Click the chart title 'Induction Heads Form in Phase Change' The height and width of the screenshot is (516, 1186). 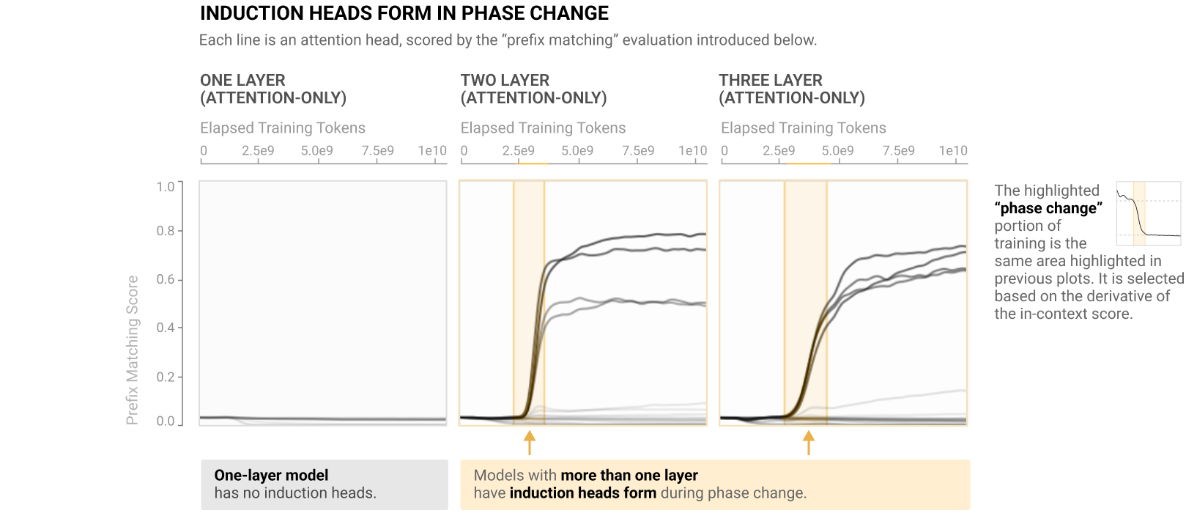pyautogui.click(x=404, y=13)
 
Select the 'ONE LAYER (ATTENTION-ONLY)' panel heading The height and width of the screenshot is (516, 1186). pyautogui.click(x=273, y=89)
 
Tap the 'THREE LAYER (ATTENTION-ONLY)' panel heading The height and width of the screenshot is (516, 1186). pyautogui.click(x=792, y=89)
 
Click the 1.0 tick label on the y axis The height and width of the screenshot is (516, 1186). pyautogui.click(x=166, y=186)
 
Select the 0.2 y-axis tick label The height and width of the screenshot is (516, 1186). pyautogui.click(x=166, y=377)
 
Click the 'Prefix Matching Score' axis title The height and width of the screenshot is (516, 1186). pyautogui.click(x=132, y=350)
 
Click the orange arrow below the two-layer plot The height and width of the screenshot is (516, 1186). pyautogui.click(x=530, y=443)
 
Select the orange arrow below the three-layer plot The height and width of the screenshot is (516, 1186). pyautogui.click(x=809, y=443)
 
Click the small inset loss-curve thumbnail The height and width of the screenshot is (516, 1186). pyautogui.click(x=1149, y=213)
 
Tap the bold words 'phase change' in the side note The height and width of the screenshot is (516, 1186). pyautogui.click(x=1048, y=208)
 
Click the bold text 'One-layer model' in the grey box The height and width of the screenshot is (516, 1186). pyautogui.click(x=271, y=475)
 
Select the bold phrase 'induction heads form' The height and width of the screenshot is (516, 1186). pyautogui.click(x=583, y=493)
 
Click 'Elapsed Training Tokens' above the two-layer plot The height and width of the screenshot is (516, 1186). pyautogui.click(x=543, y=128)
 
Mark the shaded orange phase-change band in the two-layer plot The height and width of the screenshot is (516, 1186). pyautogui.click(x=529, y=303)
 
